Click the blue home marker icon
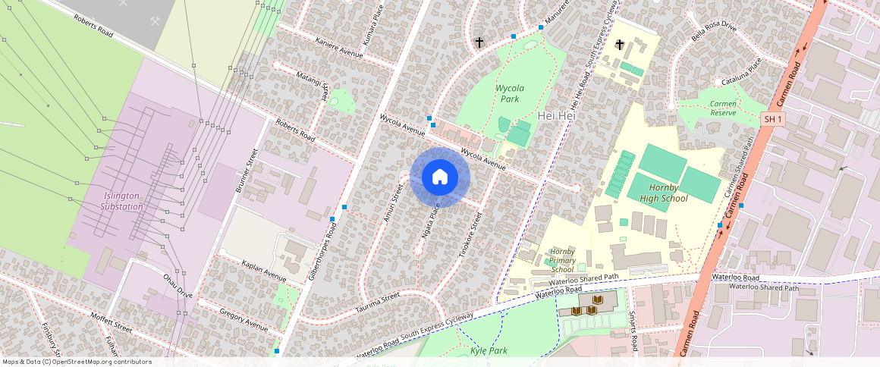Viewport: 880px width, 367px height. coord(440,177)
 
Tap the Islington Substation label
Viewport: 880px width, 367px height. coord(122,201)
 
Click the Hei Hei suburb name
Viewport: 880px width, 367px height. coord(552,116)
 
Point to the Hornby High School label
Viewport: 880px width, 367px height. coord(658,193)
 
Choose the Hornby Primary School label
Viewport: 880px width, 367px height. coord(562,259)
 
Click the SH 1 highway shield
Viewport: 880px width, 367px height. coord(772,119)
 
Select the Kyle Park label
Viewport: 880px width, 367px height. coord(489,350)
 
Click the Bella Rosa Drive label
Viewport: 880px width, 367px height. coord(714,31)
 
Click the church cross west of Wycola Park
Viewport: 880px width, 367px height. coord(479,42)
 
